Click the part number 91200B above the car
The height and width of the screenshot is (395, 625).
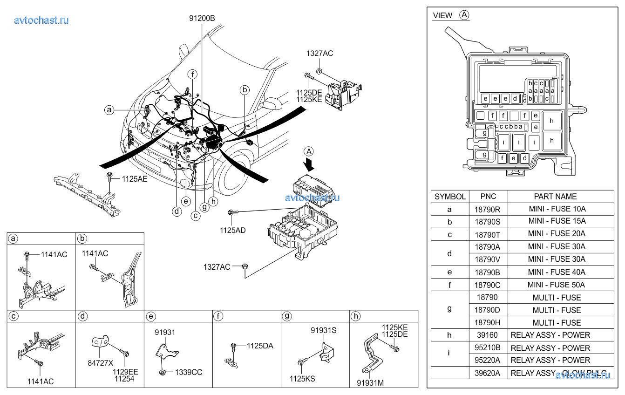point(202,19)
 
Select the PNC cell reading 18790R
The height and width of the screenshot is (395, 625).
point(488,209)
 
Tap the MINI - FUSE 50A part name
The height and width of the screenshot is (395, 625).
point(557,285)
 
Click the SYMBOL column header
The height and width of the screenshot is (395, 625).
point(450,197)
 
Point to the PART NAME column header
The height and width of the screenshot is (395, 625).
point(555,197)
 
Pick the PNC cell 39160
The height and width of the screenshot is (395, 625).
point(488,335)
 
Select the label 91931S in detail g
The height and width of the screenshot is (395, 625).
point(324,330)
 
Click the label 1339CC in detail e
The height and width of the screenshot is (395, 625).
point(189,372)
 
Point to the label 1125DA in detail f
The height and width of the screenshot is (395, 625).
point(260,346)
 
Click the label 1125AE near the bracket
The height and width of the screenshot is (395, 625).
point(135,178)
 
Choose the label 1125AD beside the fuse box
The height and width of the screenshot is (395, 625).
point(233,230)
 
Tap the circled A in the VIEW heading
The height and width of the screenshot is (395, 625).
point(464,15)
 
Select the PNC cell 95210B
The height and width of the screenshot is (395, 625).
point(488,348)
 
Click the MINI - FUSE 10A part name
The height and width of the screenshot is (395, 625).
point(557,209)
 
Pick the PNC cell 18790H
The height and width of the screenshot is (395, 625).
point(488,322)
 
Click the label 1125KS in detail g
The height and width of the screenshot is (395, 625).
point(302,379)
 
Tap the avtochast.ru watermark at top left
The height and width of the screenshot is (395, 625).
point(41,20)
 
